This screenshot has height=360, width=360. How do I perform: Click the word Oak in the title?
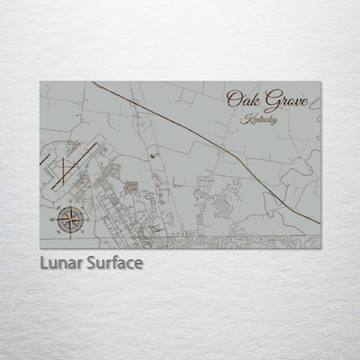241,101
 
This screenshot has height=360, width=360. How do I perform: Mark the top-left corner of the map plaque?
41,82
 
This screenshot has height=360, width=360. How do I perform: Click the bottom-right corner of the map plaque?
320,248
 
